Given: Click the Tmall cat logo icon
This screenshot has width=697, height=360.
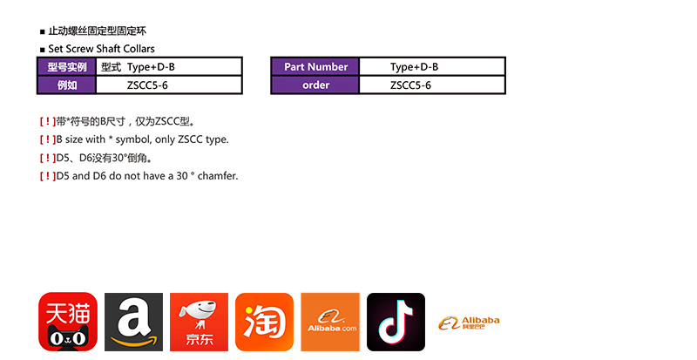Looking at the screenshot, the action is pos(68,322).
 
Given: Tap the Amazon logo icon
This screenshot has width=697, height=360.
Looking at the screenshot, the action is pos(134,322).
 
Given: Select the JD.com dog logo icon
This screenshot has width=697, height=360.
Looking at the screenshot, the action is pos(200,322).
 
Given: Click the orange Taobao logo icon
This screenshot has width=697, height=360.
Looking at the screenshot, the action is pos(265,322).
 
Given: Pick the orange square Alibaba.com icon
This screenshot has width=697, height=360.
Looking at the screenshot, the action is pos(330,322).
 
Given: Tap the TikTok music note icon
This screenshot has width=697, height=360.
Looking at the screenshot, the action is pos(396,322).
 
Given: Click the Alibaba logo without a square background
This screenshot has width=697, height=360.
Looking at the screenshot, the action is pos(469,323).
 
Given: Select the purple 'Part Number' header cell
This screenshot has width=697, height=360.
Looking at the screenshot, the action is pos(315,67).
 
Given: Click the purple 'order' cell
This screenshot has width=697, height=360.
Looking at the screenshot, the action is pos(315,85).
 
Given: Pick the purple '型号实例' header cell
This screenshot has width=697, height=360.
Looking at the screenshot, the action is pos(67,67).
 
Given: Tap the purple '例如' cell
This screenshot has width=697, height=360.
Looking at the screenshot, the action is pos(67,85).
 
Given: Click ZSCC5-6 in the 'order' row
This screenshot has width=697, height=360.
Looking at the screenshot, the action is pos(410,85).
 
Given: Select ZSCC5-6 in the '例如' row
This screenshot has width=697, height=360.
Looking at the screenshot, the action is pos(147,85).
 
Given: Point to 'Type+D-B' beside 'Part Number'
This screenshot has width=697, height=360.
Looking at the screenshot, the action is pos(415,67).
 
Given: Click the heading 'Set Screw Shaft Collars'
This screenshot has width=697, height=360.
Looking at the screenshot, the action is pos(101,49).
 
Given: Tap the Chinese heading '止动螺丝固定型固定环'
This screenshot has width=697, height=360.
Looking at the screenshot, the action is pos(98,31).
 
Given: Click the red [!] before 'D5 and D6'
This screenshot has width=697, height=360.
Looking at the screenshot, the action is pos(48,176).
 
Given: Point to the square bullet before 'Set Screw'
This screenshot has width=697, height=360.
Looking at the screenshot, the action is pos(43,50).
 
